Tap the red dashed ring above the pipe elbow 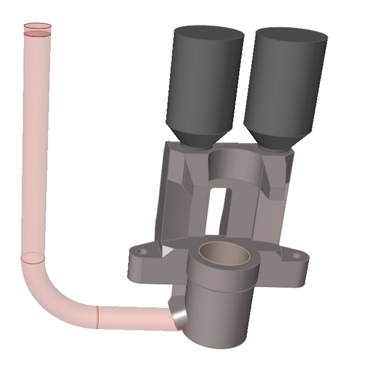point(34,257)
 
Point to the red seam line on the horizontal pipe point(97,317)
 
